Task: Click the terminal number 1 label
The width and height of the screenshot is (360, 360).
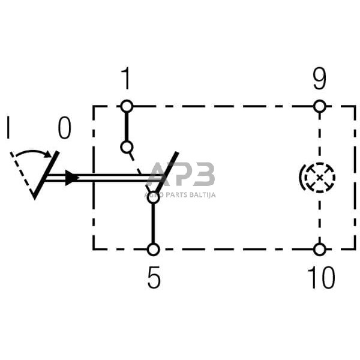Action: click(x=126, y=79)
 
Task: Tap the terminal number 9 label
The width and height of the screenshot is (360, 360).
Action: click(x=320, y=79)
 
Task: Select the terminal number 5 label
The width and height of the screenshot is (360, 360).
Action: click(x=154, y=278)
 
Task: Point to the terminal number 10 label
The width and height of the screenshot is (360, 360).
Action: click(x=321, y=278)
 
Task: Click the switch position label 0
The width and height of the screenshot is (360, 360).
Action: click(x=65, y=128)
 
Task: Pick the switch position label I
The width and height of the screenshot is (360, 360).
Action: click(x=8, y=128)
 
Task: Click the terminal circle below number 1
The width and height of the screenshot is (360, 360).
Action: click(x=127, y=107)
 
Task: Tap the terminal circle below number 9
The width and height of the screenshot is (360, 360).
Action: click(x=320, y=107)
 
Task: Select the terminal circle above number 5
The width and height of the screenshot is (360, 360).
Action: click(x=154, y=250)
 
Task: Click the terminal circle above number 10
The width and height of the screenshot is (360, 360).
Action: click(x=320, y=250)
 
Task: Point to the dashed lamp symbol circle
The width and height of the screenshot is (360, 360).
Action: click(x=320, y=178)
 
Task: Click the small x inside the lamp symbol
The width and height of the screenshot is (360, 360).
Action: click(x=320, y=178)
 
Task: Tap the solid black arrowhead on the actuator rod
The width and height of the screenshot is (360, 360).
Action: click(x=72, y=178)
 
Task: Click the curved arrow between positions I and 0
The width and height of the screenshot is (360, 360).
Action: click(x=34, y=152)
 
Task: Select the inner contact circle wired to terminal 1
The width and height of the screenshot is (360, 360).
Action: click(x=127, y=147)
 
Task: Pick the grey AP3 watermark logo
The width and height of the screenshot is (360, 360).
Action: click(x=181, y=174)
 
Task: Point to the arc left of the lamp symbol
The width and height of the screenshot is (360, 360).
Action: click(x=301, y=177)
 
